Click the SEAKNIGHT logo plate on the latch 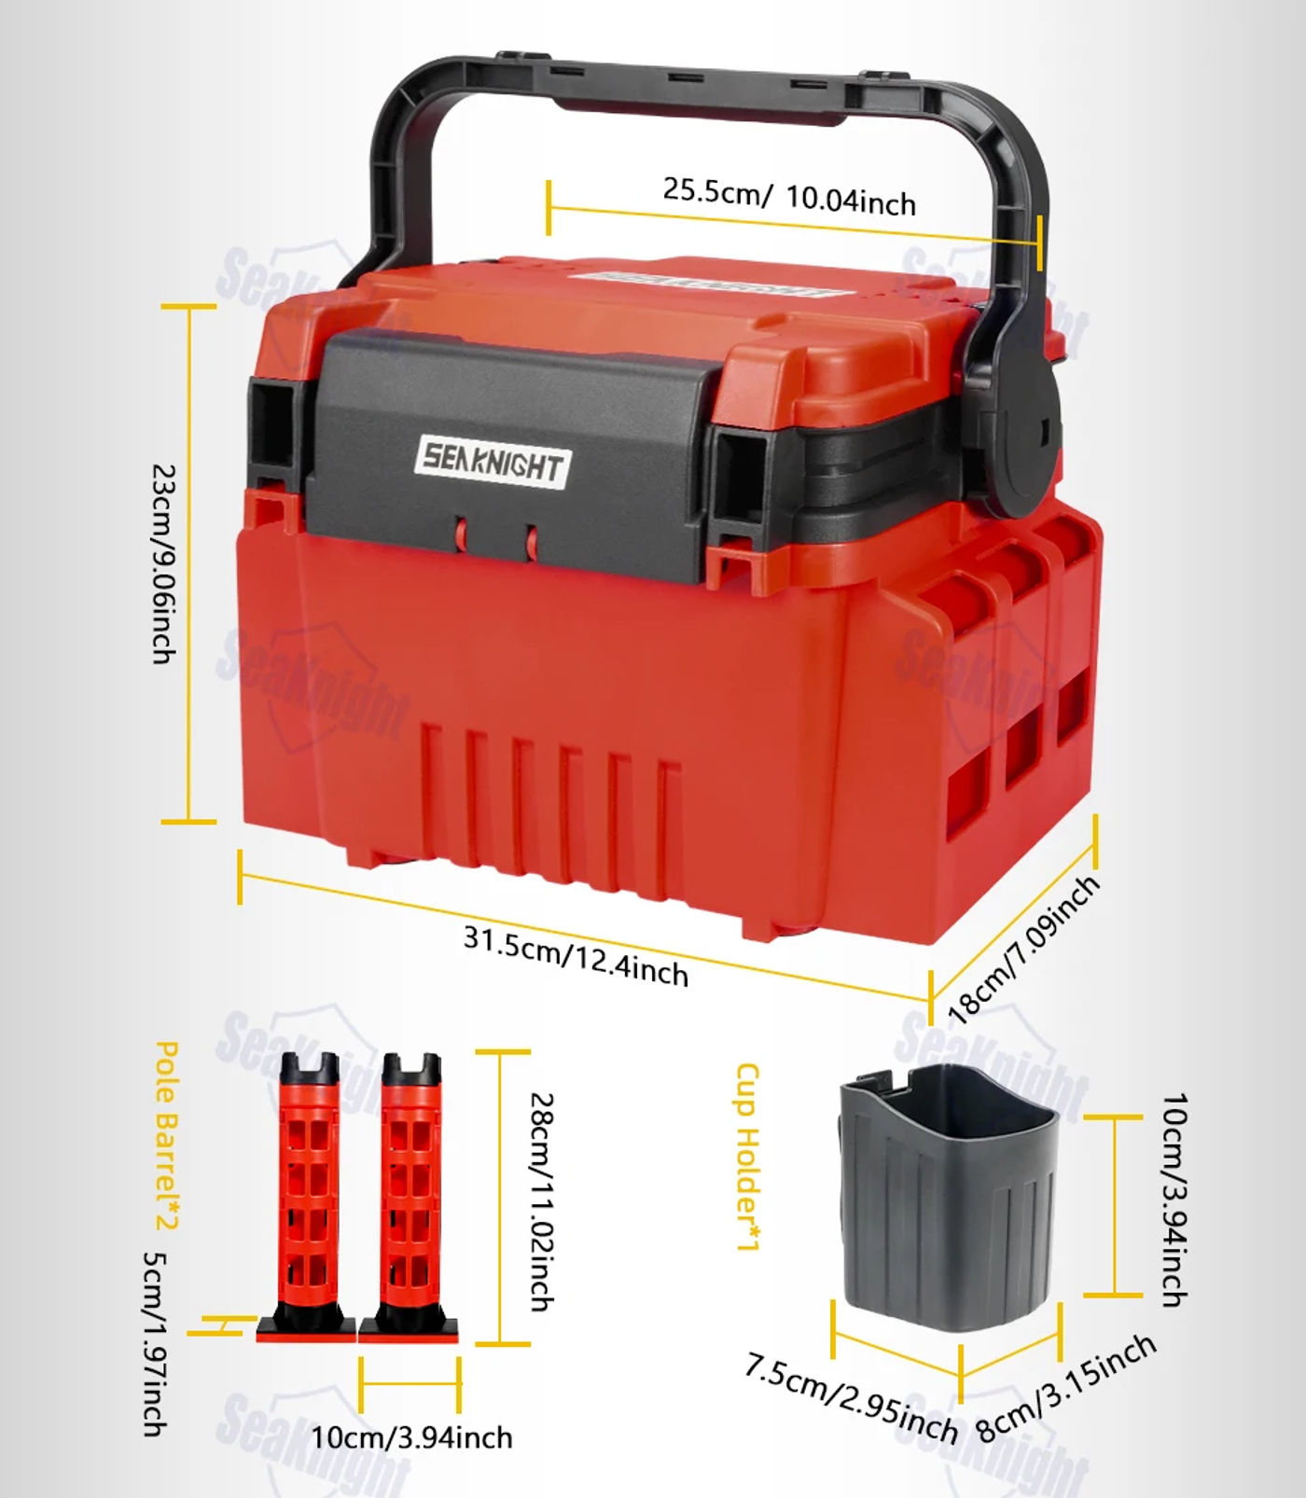coord(492,461)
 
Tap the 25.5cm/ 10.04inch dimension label coord(789,197)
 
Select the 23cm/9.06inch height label coord(165,564)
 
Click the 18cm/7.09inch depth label coord(1023,950)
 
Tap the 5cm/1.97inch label coord(155,1344)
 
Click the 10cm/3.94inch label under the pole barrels coord(411,1437)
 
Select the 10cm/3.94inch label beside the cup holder coord(1174,1200)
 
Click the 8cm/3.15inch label coord(1066,1387)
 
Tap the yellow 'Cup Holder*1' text coord(748,1156)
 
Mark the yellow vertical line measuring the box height coord(189,563)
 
